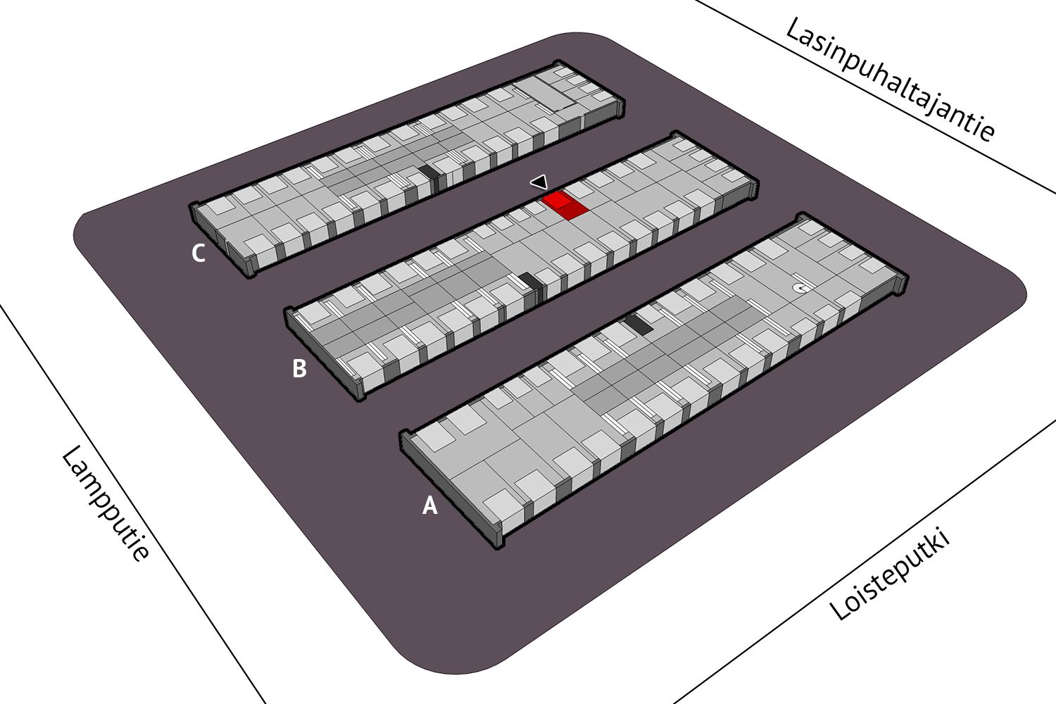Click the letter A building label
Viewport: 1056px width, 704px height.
[429, 505]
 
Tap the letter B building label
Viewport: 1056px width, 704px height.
[299, 368]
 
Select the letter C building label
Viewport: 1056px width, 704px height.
[199, 253]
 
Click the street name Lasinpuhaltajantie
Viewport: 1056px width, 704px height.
[890, 80]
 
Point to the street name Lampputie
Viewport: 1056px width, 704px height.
[106, 503]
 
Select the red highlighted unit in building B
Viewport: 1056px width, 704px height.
[565, 205]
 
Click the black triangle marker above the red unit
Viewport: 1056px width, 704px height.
[539, 182]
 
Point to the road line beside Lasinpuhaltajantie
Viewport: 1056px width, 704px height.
[876, 96]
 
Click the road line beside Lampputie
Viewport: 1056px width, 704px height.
[132, 504]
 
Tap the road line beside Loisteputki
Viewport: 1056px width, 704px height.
[864, 560]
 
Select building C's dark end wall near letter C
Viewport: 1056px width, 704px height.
[221, 240]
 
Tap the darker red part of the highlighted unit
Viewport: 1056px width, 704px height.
[573, 210]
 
